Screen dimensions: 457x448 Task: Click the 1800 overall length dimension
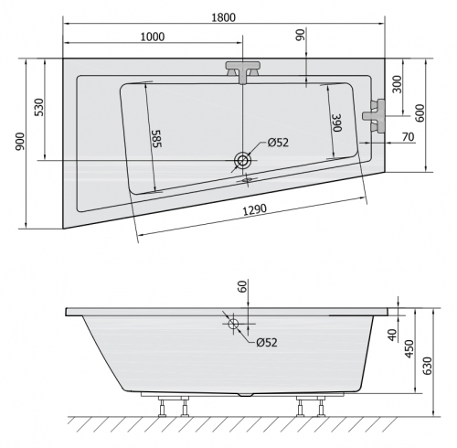(x=223, y=17)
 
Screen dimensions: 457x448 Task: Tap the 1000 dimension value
(x=153, y=37)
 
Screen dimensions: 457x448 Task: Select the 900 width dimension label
(x=20, y=142)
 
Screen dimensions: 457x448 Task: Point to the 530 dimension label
(x=39, y=107)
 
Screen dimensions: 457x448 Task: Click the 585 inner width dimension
(x=156, y=139)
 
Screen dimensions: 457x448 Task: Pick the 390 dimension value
(x=337, y=123)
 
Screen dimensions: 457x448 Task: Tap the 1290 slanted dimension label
(x=254, y=209)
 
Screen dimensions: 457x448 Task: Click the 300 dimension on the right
(x=397, y=84)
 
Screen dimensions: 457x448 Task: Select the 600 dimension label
(x=420, y=113)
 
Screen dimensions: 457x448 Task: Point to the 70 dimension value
(x=408, y=137)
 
